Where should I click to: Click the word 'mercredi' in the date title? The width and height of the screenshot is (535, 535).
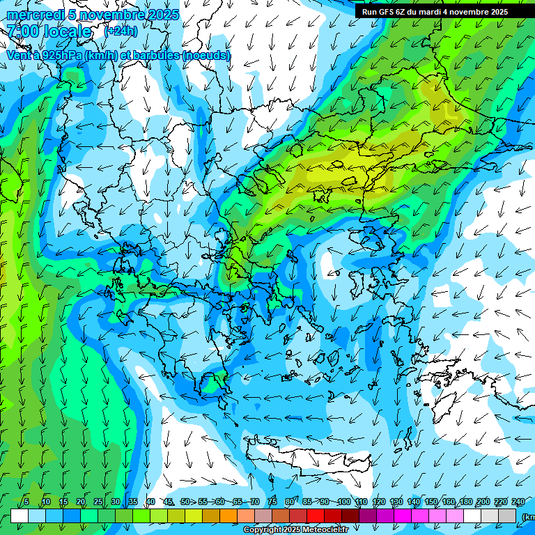point(31,15)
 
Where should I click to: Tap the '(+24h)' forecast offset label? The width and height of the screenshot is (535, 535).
point(121,31)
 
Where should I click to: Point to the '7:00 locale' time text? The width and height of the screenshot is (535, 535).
point(49,32)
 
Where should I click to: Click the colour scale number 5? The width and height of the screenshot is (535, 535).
point(26,502)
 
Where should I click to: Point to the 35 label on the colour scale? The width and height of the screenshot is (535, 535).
point(132,502)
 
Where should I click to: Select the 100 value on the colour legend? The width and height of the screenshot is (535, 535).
point(343,502)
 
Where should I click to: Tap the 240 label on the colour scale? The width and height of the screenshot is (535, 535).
point(518,502)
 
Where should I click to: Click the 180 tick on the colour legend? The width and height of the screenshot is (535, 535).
point(465,502)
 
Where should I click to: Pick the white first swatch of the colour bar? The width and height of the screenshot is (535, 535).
point(20,515)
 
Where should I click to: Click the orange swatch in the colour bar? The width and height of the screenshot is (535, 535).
point(228,515)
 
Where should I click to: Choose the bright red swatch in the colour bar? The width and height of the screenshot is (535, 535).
point(316,515)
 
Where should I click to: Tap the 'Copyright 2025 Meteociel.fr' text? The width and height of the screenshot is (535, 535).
point(295,530)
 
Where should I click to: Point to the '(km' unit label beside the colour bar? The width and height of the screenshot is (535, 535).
point(527,516)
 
